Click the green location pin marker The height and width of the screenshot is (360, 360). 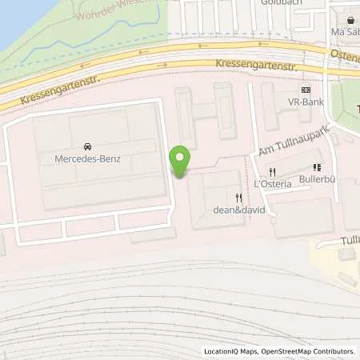tap(180, 159)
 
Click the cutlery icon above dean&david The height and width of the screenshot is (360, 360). tap(238, 197)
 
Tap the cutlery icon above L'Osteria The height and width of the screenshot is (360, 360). tap(272, 172)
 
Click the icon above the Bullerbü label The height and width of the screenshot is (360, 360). tap(317, 168)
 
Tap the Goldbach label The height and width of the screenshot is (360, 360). tap(277, 3)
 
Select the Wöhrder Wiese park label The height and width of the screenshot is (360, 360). tap(112, 11)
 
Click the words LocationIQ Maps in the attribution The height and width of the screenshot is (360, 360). tap(232, 351)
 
